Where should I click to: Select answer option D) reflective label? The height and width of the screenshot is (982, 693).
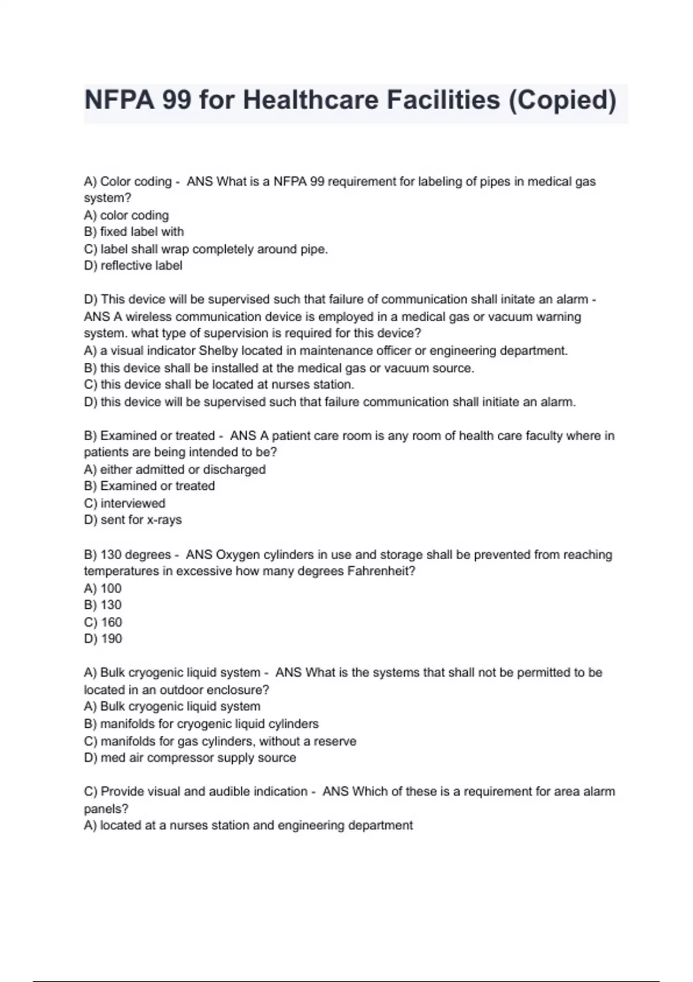click(133, 266)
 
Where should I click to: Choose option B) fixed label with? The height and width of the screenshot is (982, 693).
click(133, 232)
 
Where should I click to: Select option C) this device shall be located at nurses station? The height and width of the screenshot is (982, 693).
click(219, 385)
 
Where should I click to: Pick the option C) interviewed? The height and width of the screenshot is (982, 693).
click(124, 503)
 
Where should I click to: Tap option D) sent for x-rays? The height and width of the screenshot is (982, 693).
click(132, 520)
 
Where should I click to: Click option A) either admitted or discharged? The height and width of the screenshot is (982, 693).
click(174, 469)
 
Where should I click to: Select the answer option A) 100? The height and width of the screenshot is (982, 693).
click(103, 589)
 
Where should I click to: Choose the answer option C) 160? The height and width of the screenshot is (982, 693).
click(103, 622)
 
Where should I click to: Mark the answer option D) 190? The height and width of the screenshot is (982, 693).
click(103, 639)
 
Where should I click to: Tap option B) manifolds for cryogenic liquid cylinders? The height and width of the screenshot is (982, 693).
click(201, 724)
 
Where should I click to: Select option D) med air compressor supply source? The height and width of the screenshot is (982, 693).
click(189, 758)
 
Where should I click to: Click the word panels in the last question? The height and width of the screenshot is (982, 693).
click(105, 809)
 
